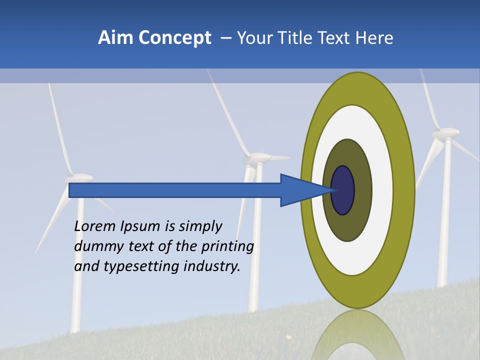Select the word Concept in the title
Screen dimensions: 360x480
[x=173, y=38]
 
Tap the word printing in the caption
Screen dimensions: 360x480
[x=227, y=246]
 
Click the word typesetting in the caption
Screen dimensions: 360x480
[x=142, y=266]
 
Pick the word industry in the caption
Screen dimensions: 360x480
[x=212, y=266]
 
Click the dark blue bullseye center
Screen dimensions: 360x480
[x=343, y=190]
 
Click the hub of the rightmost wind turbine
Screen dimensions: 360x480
[x=445, y=133]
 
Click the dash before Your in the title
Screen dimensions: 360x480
[x=225, y=38]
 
